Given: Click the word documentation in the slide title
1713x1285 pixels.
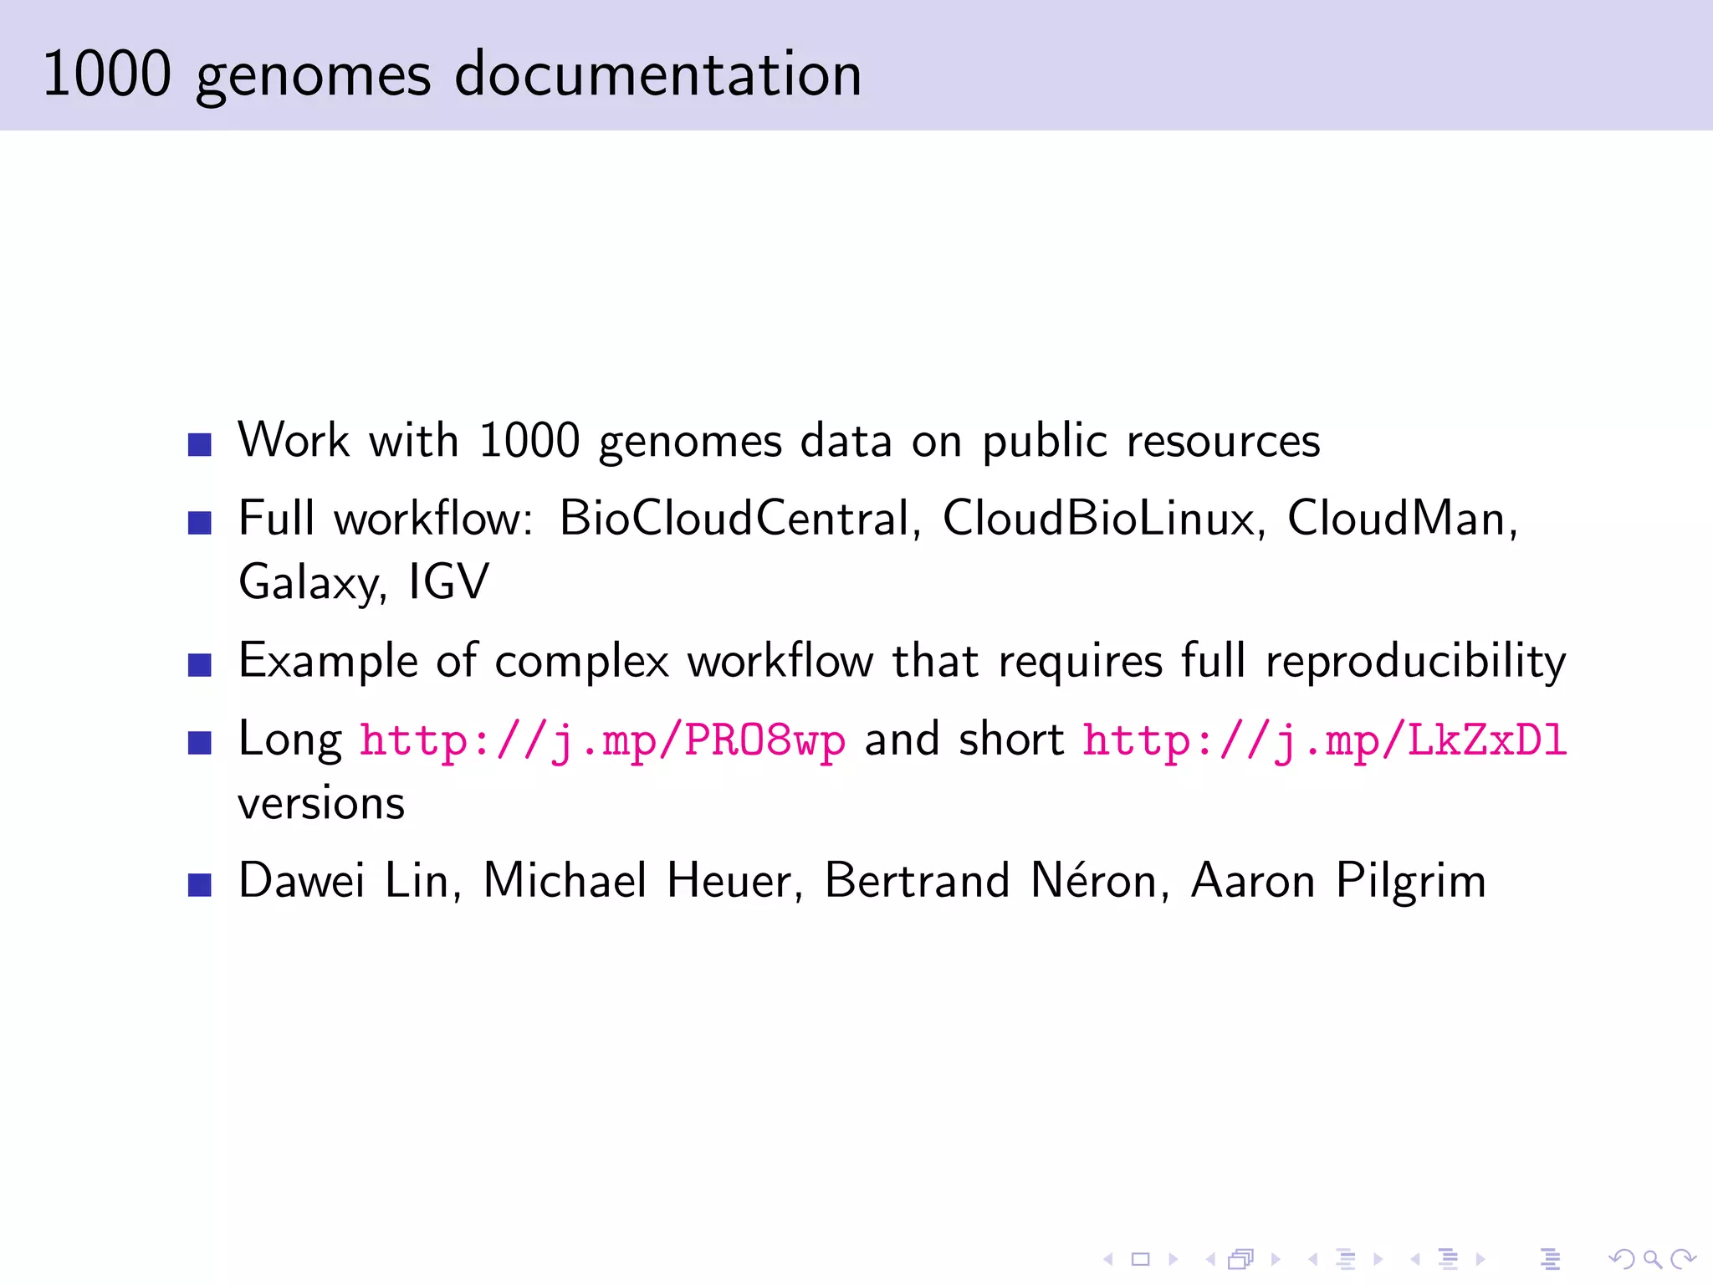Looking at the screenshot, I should click(657, 74).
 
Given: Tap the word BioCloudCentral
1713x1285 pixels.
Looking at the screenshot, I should click(734, 519).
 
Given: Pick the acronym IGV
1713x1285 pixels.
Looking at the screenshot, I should click(448, 582).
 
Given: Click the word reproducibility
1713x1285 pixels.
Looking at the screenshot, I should click(1415, 662).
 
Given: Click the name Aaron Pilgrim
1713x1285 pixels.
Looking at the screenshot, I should click(1338, 882).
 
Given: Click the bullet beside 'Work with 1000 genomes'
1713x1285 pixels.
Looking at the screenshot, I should click(200, 444).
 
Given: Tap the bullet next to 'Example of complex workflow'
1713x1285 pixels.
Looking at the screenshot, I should click(200, 665).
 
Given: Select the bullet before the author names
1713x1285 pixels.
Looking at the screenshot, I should click(200, 885).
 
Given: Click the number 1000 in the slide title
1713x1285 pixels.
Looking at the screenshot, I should click(107, 74).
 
